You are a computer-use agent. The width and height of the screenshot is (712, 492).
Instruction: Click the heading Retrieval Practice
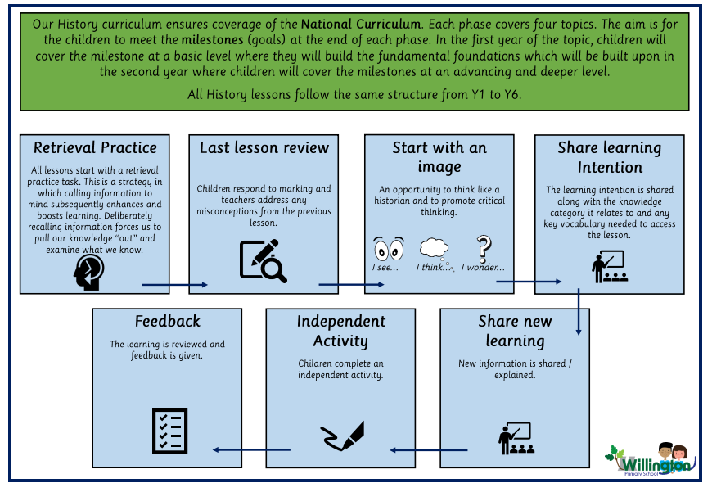tap(95, 148)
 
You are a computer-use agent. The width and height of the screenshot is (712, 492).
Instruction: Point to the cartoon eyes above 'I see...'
tap(389, 247)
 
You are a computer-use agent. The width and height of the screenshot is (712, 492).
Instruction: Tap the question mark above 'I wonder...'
tap(484, 247)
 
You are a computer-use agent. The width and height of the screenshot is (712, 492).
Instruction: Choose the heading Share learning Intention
tap(609, 157)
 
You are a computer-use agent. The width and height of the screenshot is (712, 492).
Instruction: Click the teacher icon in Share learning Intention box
tap(609, 266)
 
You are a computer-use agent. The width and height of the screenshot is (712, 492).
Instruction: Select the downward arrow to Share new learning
tap(579, 311)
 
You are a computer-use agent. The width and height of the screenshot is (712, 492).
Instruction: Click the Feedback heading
tap(167, 321)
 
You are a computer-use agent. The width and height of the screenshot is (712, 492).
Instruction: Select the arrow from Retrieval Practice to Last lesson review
tap(175, 285)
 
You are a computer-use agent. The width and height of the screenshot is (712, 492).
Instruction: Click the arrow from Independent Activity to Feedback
tap(251, 449)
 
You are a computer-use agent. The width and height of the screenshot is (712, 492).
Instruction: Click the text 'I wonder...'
tap(483, 268)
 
